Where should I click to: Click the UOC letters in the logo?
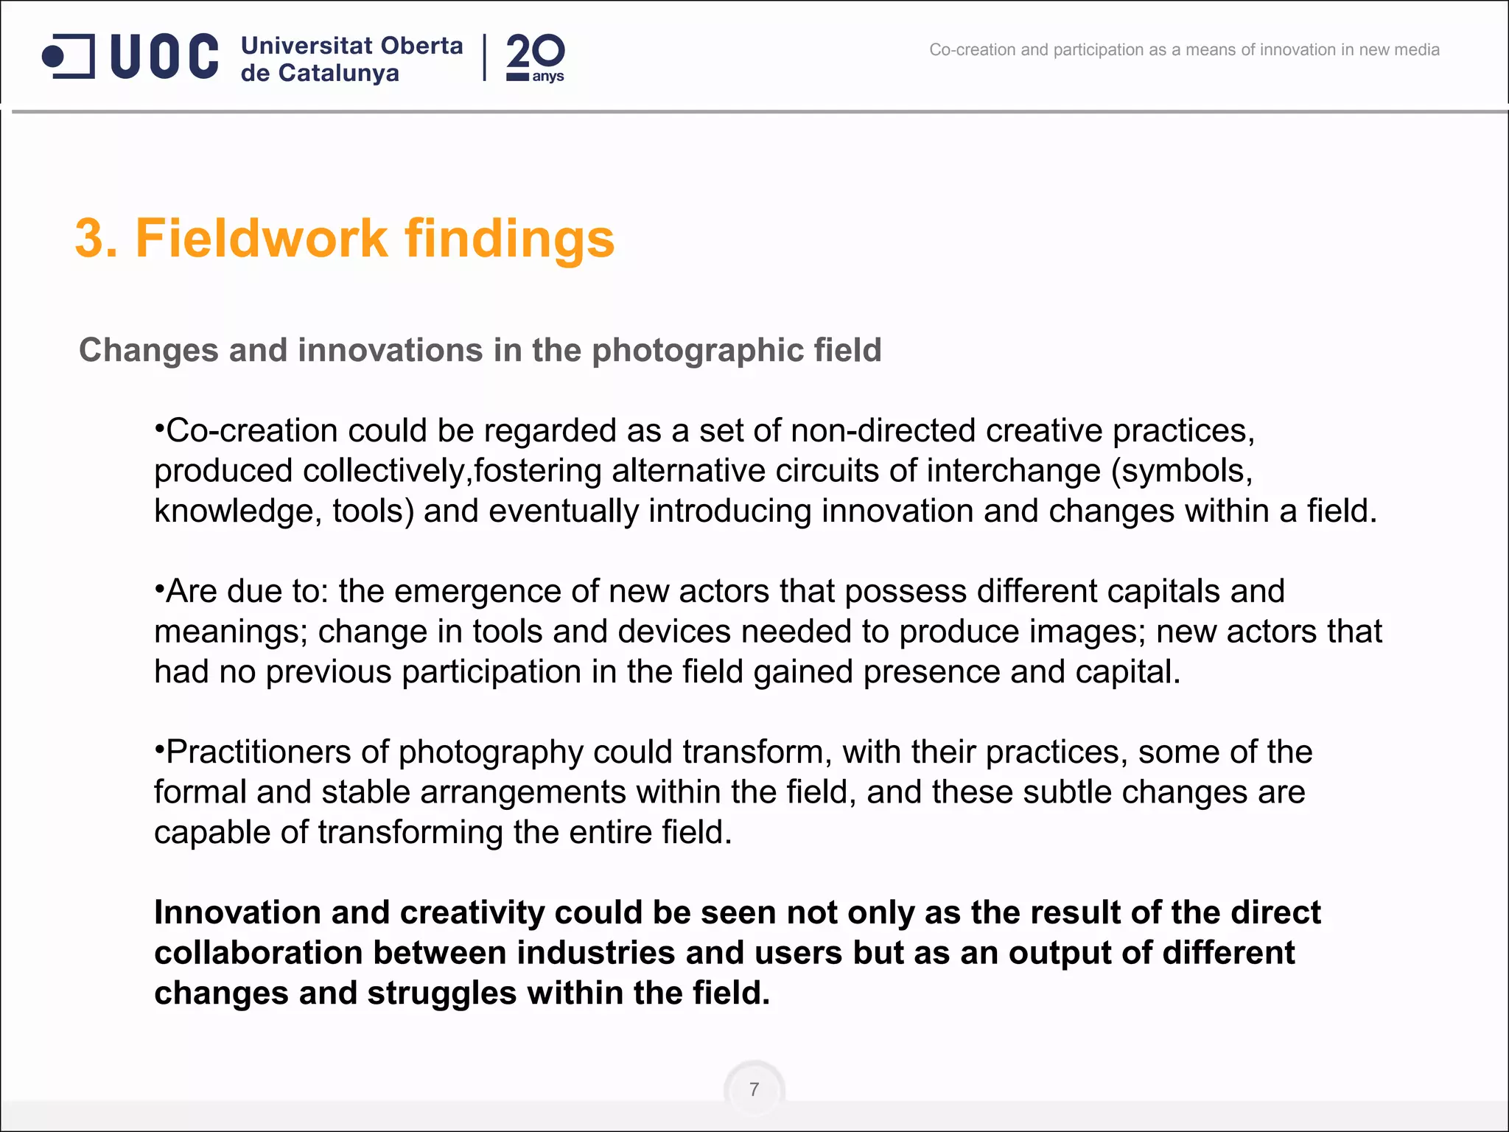164,56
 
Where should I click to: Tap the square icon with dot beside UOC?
69,56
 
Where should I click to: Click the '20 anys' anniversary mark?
535,57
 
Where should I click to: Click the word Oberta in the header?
421,46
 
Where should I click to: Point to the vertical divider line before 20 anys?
484,57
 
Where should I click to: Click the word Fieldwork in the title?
261,239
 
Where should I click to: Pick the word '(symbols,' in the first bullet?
1181,471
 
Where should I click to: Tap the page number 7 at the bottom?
754,1089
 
